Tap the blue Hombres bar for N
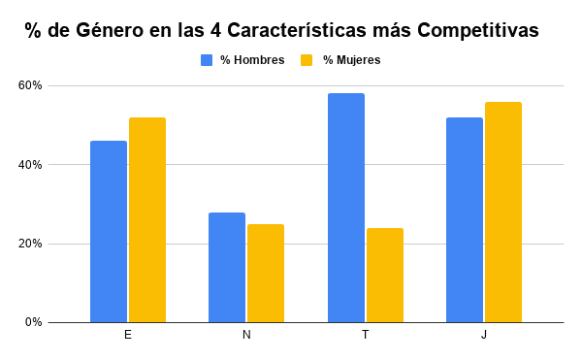[227, 267]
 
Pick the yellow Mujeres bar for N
[266, 273]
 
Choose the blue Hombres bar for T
[346, 208]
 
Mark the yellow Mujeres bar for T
[385, 275]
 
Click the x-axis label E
[128, 335]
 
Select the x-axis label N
[246, 335]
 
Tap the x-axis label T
[366, 335]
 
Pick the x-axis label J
[484, 335]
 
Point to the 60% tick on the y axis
[31, 85]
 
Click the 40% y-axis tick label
[31, 165]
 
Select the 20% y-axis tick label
[31, 244]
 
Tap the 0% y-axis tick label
[34, 322]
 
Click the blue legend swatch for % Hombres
[207, 60]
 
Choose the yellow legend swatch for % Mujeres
[307, 60]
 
